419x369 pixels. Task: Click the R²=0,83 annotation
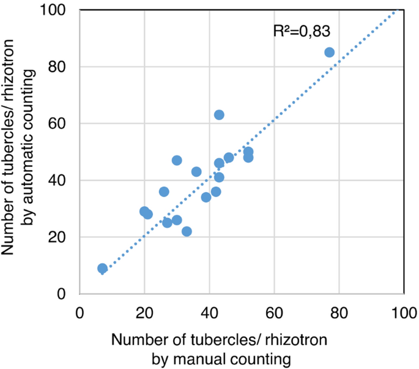pyautogui.click(x=302, y=31)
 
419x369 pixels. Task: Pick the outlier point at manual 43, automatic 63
pyautogui.click(x=219, y=115)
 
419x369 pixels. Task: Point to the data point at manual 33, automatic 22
pyautogui.click(x=187, y=231)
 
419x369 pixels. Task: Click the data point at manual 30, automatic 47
pyautogui.click(x=177, y=160)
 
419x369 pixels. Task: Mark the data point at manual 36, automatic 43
pyautogui.click(x=196, y=172)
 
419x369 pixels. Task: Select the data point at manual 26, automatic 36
pyautogui.click(x=164, y=192)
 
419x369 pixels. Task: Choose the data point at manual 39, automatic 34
pyautogui.click(x=206, y=197)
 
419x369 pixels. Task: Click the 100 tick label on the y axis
pyautogui.click(x=56, y=10)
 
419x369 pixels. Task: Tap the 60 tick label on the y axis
pyautogui.click(x=60, y=124)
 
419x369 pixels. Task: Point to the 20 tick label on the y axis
pyautogui.click(x=60, y=237)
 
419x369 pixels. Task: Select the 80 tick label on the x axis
pyautogui.click(x=339, y=311)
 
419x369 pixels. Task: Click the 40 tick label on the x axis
pyautogui.click(x=209, y=311)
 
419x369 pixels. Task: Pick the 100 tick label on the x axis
pyautogui.click(x=404, y=311)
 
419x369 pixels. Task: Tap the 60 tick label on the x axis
pyautogui.click(x=274, y=311)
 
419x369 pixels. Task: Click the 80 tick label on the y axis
pyautogui.click(x=60, y=67)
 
